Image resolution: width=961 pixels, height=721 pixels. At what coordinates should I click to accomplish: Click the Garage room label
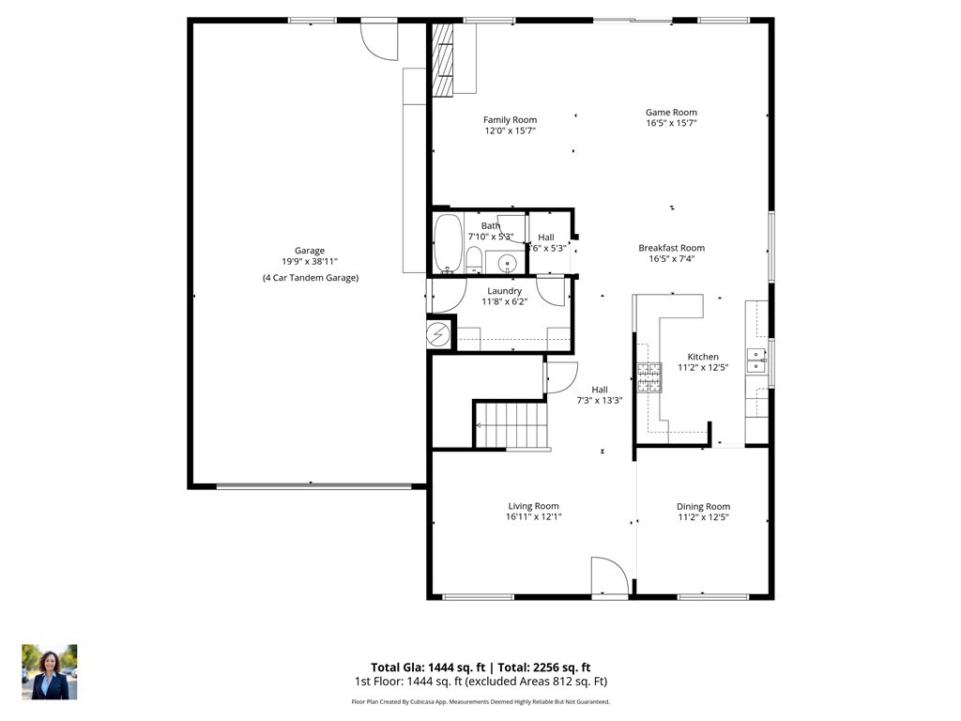310,251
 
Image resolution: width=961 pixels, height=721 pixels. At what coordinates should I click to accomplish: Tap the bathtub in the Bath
449,243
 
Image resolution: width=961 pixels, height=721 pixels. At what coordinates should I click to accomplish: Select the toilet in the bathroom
475,259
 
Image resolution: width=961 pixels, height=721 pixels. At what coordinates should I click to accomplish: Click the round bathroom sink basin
508,262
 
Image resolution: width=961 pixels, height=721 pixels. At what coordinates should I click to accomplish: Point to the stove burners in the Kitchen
649,377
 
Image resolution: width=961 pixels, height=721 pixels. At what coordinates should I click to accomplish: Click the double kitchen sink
756,360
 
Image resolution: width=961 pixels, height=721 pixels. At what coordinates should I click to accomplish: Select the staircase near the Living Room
509,425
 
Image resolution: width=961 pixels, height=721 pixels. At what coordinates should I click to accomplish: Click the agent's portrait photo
50,671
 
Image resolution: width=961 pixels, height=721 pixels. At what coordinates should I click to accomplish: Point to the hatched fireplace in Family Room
443,58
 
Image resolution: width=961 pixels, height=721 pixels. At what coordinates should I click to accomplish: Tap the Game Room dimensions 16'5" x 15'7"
671,123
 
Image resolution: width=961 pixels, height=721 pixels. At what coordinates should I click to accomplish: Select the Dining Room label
703,507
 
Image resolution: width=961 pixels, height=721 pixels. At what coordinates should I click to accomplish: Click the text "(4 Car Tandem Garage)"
310,278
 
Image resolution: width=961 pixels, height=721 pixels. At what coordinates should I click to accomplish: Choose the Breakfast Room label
671,248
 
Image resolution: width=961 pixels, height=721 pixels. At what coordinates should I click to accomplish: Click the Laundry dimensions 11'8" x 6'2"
505,301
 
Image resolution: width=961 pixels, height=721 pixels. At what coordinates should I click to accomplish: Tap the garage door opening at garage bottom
313,486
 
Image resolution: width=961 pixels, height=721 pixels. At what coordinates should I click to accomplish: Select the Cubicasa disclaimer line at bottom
480,701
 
